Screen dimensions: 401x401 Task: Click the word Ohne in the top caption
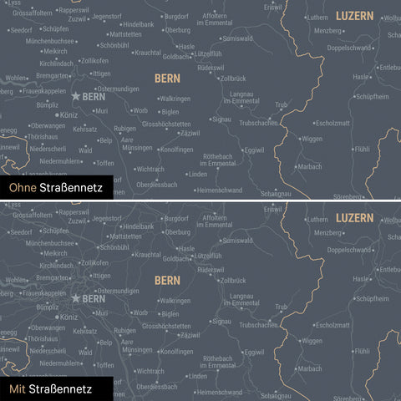point(23,189)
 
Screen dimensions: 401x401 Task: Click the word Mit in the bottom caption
point(18,388)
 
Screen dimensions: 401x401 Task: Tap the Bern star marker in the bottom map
point(75,297)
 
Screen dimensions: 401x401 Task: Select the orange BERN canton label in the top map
point(167,78)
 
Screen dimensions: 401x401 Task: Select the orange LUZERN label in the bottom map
point(354,218)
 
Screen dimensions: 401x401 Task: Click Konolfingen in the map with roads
point(176,351)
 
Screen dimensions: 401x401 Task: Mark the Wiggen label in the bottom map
point(312,341)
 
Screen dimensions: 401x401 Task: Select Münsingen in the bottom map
point(137,349)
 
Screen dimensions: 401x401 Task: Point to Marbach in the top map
point(310,167)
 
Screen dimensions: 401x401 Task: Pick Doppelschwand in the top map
point(350,48)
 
